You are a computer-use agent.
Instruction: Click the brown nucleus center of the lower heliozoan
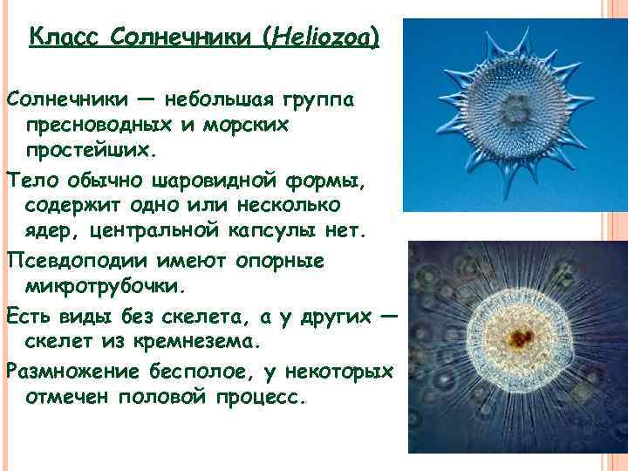pos(522,336)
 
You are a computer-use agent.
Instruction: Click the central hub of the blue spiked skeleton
pos(517,113)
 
